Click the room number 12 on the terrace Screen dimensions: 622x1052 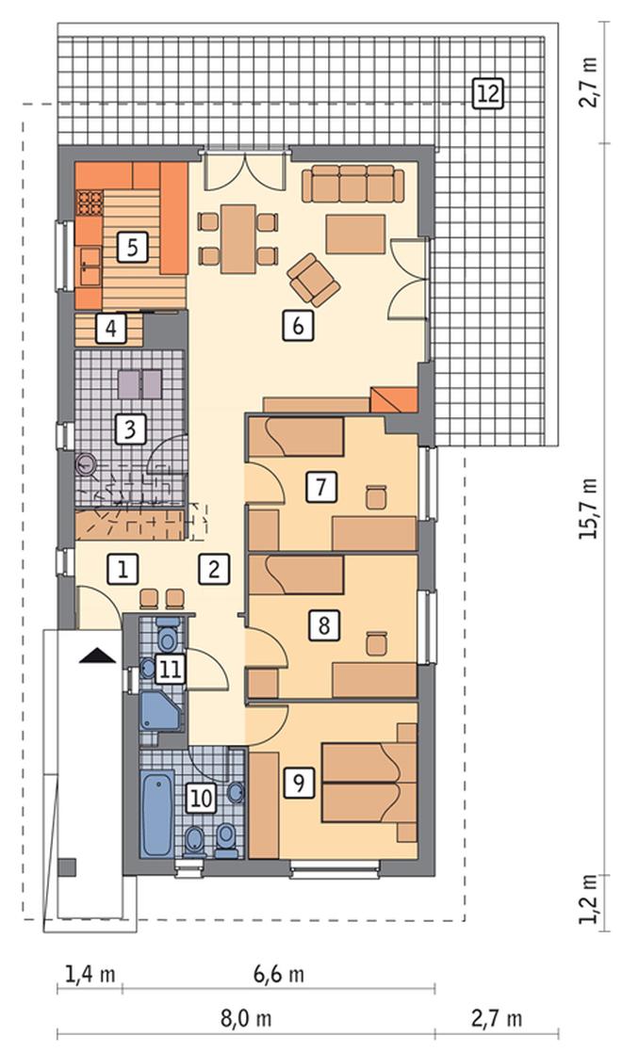[x=487, y=93]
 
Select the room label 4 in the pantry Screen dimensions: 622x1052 [x=111, y=328]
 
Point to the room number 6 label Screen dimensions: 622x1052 [x=298, y=326]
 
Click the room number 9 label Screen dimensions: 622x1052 [x=298, y=782]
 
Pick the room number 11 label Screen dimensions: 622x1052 [x=170, y=669]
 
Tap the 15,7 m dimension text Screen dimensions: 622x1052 [x=589, y=509]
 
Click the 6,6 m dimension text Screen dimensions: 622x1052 [x=279, y=974]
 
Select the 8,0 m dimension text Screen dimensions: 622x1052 [x=246, y=1018]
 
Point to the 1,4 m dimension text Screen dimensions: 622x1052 [x=90, y=974]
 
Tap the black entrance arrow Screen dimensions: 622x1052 [x=97, y=655]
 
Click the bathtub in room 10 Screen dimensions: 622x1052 [x=157, y=813]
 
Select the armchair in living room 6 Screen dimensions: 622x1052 [x=313, y=278]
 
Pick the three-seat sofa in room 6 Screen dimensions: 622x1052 [x=352, y=185]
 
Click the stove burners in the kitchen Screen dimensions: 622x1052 [x=90, y=203]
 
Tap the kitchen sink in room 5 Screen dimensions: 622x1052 [x=89, y=265]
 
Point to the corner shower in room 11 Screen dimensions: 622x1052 [x=160, y=711]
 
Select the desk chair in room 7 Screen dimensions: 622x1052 [x=376, y=497]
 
